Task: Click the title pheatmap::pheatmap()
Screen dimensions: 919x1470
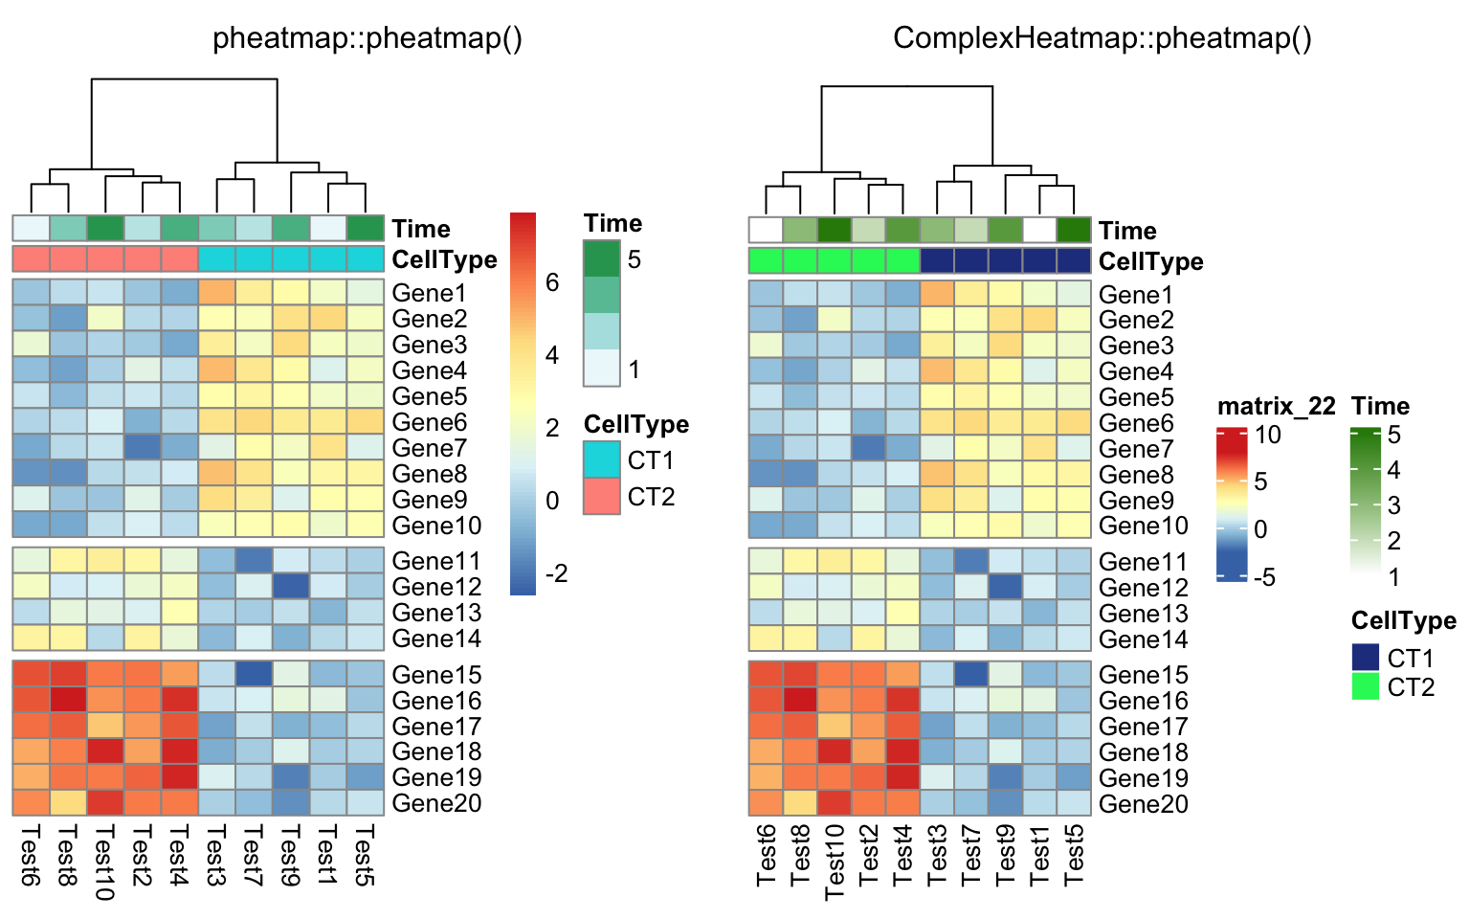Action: pos(367,38)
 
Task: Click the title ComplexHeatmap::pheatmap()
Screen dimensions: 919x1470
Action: pos(1102,38)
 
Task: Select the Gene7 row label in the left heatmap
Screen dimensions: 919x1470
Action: pos(430,448)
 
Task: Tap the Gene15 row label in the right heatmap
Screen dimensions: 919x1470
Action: pos(1144,675)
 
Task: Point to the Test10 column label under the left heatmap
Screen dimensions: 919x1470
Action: pos(105,862)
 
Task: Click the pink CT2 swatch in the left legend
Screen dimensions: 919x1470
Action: pos(602,496)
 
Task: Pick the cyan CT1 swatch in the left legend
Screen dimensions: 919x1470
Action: pos(602,459)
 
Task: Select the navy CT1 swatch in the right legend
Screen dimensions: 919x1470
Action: pos(1366,657)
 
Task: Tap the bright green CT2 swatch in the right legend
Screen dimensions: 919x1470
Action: pos(1366,686)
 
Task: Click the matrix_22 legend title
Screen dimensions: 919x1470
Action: pos(1276,407)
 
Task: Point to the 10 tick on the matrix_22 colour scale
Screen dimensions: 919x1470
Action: pos(1268,436)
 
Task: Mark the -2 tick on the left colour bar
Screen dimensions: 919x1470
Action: pos(556,573)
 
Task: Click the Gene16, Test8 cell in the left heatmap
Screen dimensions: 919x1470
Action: pos(68,700)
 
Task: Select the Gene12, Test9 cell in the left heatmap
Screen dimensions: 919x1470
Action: pos(291,586)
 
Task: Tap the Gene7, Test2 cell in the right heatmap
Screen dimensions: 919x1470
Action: pos(869,448)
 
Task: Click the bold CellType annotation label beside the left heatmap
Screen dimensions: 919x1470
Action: pos(445,259)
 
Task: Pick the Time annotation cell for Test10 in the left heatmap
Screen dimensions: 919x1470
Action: pos(105,228)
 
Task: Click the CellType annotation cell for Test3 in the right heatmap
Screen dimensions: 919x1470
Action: pos(937,260)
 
